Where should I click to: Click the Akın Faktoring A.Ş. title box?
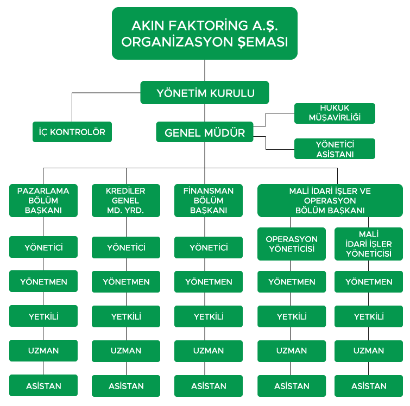(x=205, y=33)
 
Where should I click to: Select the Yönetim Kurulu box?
(x=205, y=93)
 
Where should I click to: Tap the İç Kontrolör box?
(x=72, y=132)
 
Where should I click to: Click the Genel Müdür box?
(x=205, y=132)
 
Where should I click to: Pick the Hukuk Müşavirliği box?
(x=335, y=113)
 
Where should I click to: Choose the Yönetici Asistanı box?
(x=335, y=149)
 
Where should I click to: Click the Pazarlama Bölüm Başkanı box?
(x=43, y=200)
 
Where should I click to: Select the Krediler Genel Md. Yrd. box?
(x=126, y=200)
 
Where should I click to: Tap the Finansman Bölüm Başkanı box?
(x=209, y=200)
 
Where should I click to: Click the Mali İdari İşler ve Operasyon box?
(x=330, y=200)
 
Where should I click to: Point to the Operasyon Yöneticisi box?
(x=292, y=244)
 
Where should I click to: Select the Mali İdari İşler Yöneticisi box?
(x=369, y=244)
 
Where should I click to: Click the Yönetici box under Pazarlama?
(x=43, y=248)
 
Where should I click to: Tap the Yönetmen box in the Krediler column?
(x=126, y=282)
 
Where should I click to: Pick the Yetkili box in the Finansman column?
(x=209, y=316)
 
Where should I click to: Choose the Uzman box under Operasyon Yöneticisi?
(x=292, y=351)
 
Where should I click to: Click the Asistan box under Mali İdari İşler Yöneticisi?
(x=369, y=386)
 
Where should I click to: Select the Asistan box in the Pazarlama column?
(x=43, y=386)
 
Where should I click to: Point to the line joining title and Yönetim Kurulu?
(x=205, y=70)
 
